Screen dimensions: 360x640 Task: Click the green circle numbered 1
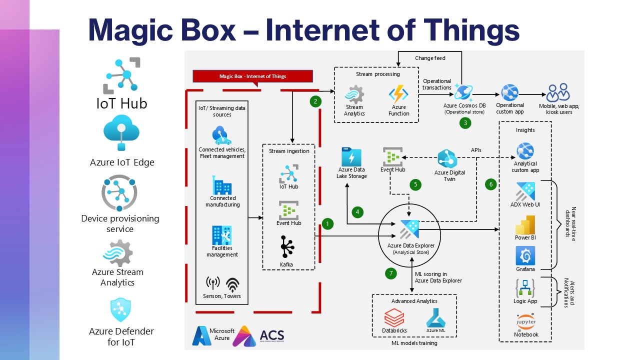click(x=327, y=223)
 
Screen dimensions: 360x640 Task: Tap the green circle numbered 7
click(x=391, y=273)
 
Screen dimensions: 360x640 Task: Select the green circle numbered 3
click(x=465, y=122)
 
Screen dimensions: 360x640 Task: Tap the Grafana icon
click(x=525, y=256)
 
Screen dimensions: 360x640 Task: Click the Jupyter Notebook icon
click(x=525, y=321)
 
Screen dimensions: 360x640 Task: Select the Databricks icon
click(x=394, y=318)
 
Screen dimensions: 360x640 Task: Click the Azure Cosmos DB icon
click(x=463, y=92)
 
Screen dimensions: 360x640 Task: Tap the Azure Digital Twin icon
click(x=447, y=159)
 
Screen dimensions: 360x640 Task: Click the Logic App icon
click(x=525, y=288)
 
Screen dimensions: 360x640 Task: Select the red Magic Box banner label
click(x=252, y=76)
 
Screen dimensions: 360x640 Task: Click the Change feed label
click(x=430, y=58)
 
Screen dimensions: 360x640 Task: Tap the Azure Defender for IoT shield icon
click(x=120, y=310)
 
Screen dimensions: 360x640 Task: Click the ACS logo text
click(x=271, y=336)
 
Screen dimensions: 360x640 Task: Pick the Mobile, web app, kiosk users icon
click(x=558, y=93)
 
